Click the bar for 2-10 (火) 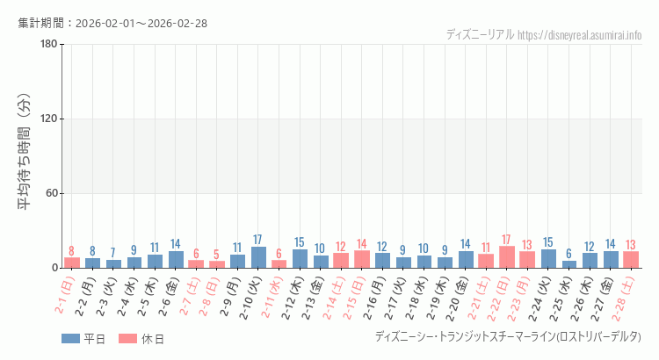(x=258, y=257)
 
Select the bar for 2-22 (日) (x=507, y=257)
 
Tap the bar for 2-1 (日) (x=72, y=263)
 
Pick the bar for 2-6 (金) (x=176, y=260)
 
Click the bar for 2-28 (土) (x=631, y=260)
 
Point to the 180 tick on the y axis (x=48, y=45)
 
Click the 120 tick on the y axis (x=48, y=119)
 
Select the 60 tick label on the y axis (x=51, y=194)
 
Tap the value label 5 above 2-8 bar (x=217, y=255)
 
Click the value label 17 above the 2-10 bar (x=258, y=240)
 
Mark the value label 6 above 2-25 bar (x=569, y=254)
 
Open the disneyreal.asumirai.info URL (x=580, y=35)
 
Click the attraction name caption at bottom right (x=508, y=337)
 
